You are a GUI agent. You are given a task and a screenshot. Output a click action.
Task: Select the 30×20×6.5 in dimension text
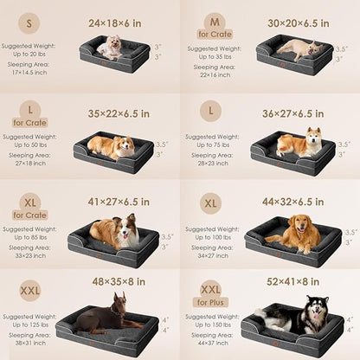pyautogui.click(x=299, y=22)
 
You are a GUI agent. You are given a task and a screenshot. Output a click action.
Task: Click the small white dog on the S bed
pyautogui.click(x=110, y=48)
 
